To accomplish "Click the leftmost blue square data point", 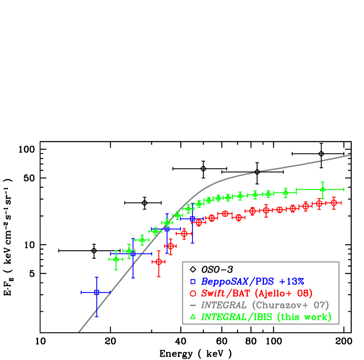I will point(96,292).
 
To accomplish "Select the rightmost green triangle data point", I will point(322,189).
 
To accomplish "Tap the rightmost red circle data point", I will point(334,203).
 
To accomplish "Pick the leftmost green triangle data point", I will point(115,259).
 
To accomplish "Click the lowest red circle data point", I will point(159,261).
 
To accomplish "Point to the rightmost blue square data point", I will point(193,218).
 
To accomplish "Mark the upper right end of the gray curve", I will point(350,155).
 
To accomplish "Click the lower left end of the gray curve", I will point(79,331).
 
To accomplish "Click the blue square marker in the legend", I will point(193,282).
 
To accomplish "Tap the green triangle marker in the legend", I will point(193,317).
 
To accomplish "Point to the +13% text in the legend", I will point(291,282).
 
